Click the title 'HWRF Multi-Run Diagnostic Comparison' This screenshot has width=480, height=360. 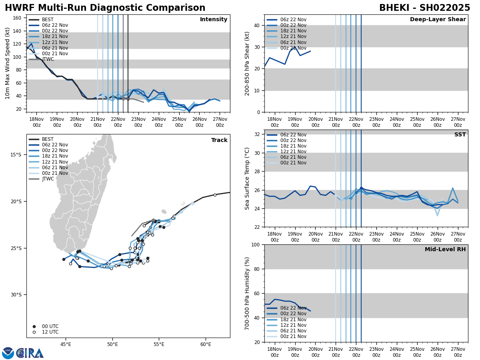point(105,8)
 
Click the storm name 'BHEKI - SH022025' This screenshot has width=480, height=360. point(424,8)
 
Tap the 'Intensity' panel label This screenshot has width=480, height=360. point(214,20)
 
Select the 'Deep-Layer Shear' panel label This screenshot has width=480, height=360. point(438,20)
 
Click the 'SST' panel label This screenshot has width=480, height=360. point(460,135)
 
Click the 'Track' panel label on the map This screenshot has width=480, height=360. point(219,140)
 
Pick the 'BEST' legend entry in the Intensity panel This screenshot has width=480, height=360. point(48,20)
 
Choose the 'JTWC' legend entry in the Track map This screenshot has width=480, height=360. point(48,179)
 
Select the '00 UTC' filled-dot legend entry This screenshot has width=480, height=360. point(50,326)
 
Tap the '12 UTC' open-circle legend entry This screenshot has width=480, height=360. point(50,332)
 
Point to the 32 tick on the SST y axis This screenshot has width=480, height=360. point(258,134)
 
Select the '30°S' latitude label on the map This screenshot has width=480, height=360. point(16,295)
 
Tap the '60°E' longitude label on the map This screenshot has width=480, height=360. point(206,344)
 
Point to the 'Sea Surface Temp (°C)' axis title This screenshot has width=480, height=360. point(248,178)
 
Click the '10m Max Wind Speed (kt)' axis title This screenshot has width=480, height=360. point(8,63)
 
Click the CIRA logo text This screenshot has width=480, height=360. point(30,353)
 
